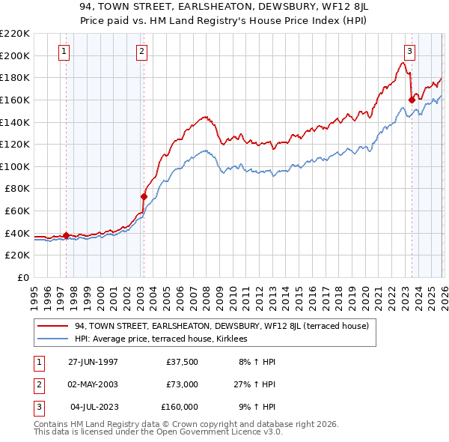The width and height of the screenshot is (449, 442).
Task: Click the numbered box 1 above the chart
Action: tap(64, 52)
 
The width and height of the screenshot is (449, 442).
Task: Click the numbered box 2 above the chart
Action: tap(141, 52)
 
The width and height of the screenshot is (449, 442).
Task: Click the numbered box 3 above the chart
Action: tap(410, 52)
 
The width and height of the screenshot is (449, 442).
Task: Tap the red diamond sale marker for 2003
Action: tap(144, 197)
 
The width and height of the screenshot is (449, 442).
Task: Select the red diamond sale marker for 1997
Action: tap(66, 236)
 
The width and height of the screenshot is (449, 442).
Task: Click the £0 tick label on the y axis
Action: tap(22, 277)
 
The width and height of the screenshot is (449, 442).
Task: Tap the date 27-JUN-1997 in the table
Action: tap(93, 362)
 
